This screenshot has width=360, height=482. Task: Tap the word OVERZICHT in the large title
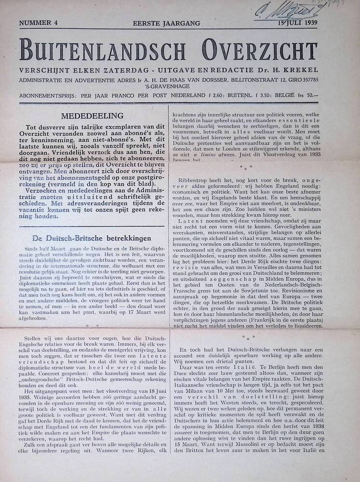[255, 49]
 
